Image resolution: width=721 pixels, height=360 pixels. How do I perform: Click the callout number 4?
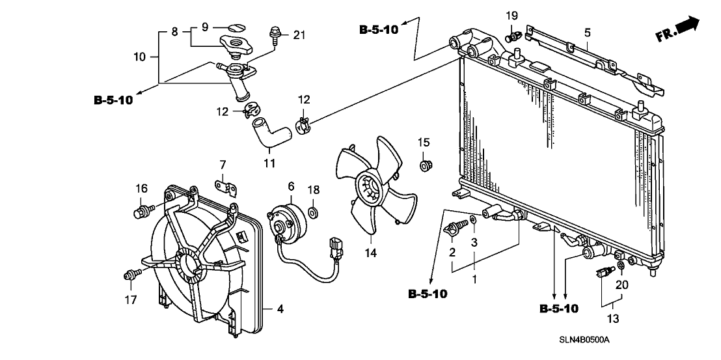tap(280, 309)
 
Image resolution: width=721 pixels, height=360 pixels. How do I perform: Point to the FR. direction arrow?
tap(679, 29)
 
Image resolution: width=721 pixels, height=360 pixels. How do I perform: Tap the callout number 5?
tap(587, 31)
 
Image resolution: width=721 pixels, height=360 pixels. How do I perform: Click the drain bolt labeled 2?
tap(455, 228)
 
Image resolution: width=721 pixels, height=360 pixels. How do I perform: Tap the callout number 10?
tap(140, 57)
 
